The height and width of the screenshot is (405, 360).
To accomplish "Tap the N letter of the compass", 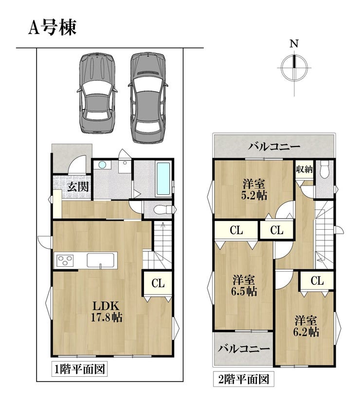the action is tap(294, 44).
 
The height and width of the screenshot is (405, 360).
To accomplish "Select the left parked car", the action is tap(97, 93).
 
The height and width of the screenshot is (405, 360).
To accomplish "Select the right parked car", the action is tap(148, 97).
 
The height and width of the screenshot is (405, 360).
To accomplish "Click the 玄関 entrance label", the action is tap(78, 186).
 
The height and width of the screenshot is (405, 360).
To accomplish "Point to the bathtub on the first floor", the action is tap(163, 179).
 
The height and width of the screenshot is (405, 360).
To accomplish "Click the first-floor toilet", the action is tap(163, 209).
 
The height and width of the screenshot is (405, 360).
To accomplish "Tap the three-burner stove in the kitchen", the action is tap(65, 260).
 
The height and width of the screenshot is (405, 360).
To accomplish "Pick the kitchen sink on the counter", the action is tap(101, 260).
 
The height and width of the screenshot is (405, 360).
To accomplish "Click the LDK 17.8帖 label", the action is tap(107, 312).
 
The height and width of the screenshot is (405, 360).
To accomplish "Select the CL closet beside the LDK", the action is tap(158, 283).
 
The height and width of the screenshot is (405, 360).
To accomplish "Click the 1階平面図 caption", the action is tap(79, 369).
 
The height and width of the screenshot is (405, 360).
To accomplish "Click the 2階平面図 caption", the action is tap(244, 379).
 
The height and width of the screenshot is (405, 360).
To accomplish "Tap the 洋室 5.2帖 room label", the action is tap(254, 190).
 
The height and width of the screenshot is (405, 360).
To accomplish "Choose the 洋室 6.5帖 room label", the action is tap(244, 286).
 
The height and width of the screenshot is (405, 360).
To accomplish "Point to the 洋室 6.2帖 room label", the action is tap(306, 326).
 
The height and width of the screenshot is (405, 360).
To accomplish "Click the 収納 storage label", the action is tap(304, 169).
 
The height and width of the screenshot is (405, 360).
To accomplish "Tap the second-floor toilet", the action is tap(324, 169).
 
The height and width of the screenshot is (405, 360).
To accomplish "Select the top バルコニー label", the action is tap(274, 147).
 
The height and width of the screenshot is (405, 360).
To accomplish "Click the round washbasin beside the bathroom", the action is tap(102, 165).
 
